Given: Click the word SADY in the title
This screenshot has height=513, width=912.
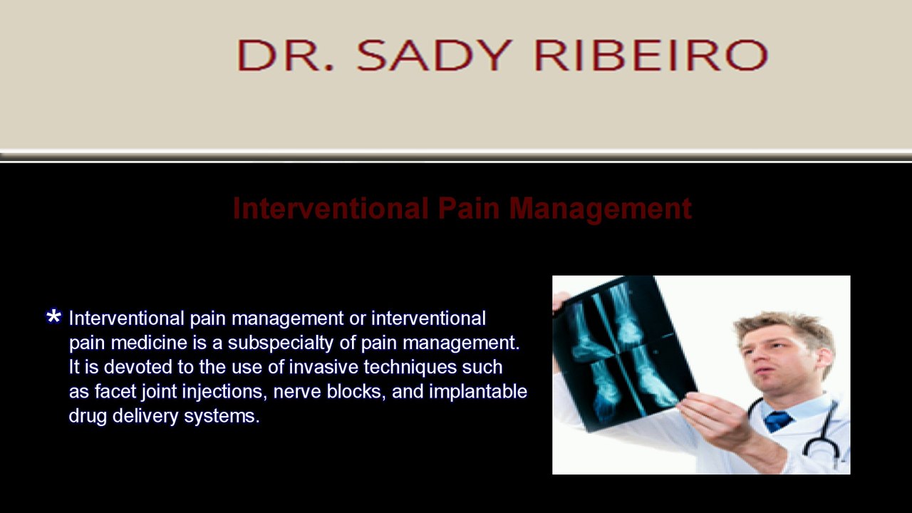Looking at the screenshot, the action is point(434,55).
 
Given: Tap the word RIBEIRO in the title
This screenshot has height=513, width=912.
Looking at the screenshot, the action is point(651,55).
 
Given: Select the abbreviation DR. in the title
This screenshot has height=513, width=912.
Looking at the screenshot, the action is point(286,55).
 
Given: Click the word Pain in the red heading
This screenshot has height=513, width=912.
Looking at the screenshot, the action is point(469,209).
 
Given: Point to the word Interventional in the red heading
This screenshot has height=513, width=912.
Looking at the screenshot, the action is point(330,209).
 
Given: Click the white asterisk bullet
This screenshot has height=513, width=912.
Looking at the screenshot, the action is point(53,317).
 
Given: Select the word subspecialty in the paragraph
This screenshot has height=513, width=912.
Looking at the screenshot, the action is point(281,343).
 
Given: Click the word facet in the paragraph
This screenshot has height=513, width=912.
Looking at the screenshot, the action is point(115,391).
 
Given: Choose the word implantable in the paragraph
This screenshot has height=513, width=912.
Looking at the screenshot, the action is point(478,392).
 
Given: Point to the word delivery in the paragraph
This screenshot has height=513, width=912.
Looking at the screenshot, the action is point(145,416).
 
